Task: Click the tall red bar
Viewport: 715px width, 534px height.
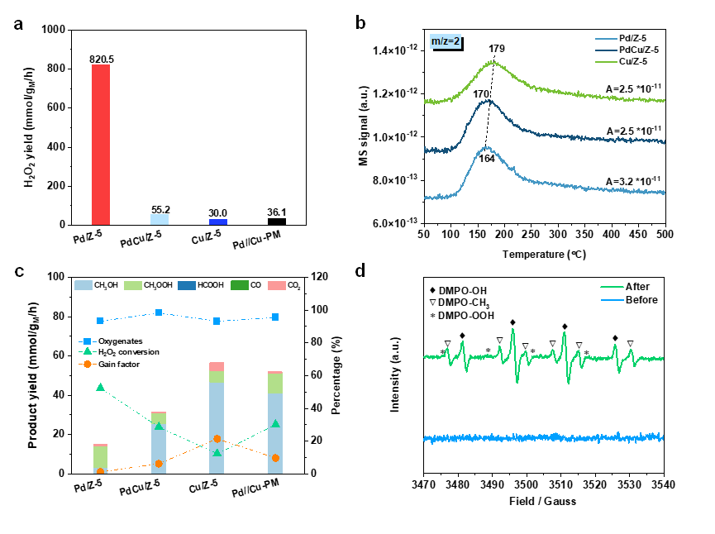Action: (101, 145)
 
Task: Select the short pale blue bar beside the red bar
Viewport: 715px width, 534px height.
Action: (160, 219)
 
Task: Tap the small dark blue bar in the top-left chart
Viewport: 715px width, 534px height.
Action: (218, 222)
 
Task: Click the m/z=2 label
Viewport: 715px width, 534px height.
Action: (446, 41)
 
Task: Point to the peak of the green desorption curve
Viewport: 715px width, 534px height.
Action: (493, 61)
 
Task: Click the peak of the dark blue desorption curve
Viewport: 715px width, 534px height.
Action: (489, 101)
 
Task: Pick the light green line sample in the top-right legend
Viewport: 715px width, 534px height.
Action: (607, 62)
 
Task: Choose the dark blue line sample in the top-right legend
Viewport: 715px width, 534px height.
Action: (607, 50)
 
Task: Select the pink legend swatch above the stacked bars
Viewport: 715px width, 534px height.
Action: (277, 285)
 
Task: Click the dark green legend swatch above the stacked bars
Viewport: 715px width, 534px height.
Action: (240, 285)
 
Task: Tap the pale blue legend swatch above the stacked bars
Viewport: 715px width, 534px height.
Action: (83, 285)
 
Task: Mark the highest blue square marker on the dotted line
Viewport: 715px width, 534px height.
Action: (159, 312)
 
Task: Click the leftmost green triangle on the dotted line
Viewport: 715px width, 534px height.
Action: (100, 387)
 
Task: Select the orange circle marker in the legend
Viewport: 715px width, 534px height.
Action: (88, 364)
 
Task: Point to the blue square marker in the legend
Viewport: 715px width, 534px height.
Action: (88, 341)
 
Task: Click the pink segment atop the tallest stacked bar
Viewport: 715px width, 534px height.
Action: (217, 366)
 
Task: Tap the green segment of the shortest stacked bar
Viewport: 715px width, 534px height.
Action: (100, 458)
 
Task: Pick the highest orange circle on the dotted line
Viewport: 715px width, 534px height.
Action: (217, 439)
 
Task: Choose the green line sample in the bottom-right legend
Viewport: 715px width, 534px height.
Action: (613, 287)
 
